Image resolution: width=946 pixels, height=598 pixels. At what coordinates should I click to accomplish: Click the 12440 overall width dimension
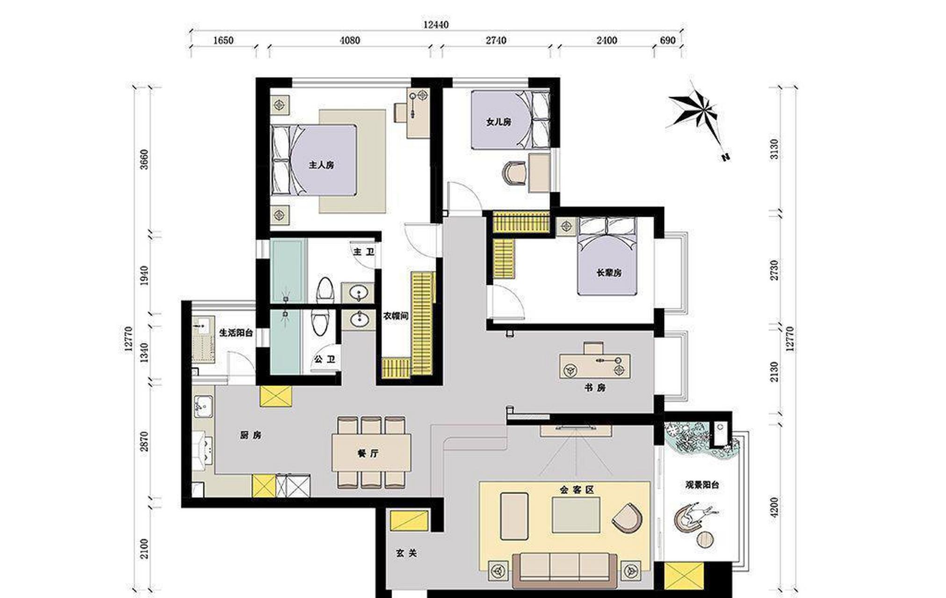436,25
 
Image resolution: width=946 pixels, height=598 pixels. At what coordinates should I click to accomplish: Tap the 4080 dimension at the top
350,41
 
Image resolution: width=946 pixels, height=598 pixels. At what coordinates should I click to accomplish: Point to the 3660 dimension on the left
144,159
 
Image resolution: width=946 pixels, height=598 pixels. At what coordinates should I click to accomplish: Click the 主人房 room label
321,165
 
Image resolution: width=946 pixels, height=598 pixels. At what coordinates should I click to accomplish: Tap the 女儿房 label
498,122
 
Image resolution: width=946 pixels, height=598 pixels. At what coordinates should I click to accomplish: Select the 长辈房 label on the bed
609,273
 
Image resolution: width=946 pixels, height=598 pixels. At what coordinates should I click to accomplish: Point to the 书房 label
595,388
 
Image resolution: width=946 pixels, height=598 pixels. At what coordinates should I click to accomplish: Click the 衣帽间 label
396,316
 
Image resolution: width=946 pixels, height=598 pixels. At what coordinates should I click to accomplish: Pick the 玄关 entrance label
406,553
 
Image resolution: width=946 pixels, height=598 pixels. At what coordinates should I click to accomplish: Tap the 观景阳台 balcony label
702,485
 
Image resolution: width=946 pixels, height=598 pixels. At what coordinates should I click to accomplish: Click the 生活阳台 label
236,333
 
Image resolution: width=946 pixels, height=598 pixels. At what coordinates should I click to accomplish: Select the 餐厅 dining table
372,453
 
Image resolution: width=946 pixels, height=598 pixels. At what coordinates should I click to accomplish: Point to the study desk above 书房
595,365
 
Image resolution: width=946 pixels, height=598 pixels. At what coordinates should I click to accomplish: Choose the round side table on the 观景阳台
705,540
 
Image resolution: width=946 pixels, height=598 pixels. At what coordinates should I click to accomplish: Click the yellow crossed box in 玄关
409,521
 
